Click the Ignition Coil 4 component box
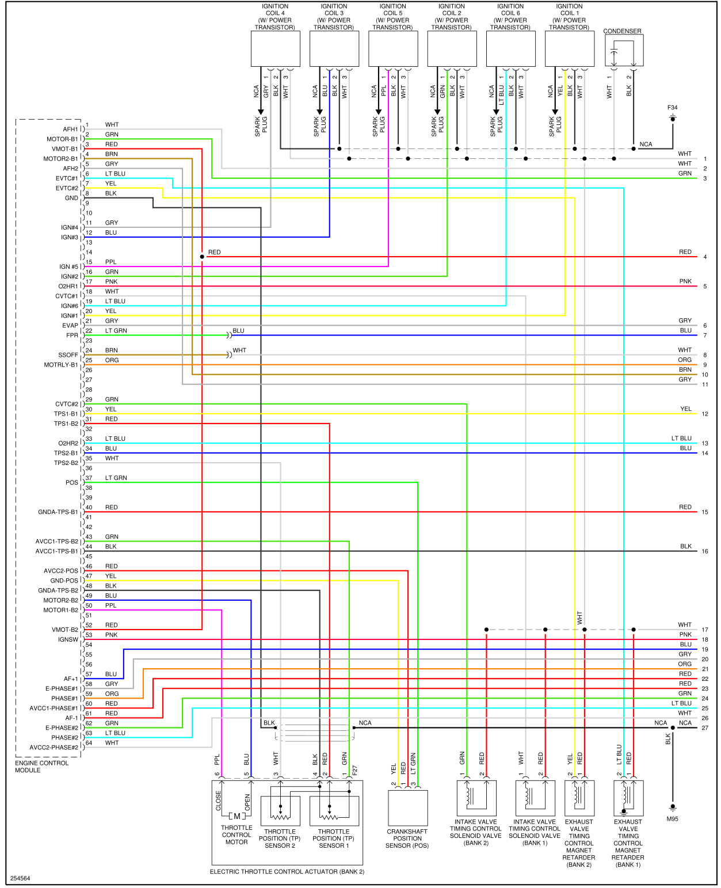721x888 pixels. (275, 49)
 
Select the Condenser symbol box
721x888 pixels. (624, 51)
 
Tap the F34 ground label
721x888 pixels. (672, 108)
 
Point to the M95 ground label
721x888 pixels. (672, 819)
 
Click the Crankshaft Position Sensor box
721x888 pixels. (407, 807)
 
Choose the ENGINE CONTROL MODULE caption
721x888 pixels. (41, 767)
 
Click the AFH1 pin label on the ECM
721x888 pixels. (70, 129)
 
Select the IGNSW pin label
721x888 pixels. (68, 640)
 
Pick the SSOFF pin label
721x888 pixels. (68, 355)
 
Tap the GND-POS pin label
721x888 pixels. (64, 581)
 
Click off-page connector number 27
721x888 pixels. (705, 728)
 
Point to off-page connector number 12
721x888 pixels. (705, 414)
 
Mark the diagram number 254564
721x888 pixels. (20, 878)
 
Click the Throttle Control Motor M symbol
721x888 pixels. (236, 816)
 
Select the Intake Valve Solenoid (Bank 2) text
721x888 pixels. (475, 832)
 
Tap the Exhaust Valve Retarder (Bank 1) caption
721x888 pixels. (628, 843)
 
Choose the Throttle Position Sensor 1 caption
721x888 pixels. (334, 839)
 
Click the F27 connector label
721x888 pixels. (355, 770)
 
